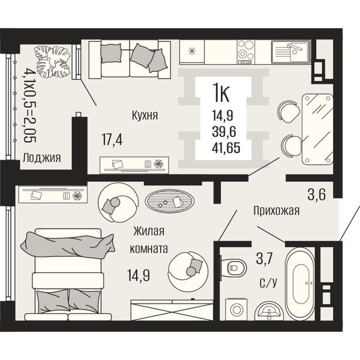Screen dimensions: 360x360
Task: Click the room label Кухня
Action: click(x=145, y=115)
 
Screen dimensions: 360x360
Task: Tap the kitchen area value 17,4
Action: click(x=112, y=140)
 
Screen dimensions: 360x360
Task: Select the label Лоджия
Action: click(x=42, y=158)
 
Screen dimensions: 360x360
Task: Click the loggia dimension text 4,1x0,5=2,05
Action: click(x=29, y=106)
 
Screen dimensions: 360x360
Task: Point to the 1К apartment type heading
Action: click(x=221, y=92)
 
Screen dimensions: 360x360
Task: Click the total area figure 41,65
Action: click(x=226, y=148)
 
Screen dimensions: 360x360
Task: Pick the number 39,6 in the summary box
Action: click(x=224, y=131)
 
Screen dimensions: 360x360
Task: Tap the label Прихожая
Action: click(x=277, y=211)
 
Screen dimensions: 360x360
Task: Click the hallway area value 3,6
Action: click(x=317, y=194)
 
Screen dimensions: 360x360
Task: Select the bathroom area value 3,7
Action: click(x=264, y=259)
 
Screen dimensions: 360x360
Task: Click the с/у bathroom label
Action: click(x=268, y=283)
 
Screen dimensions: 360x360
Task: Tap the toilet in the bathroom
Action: click(x=233, y=268)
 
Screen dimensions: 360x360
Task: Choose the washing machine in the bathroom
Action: click(x=236, y=309)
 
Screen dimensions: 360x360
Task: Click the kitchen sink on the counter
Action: click(x=291, y=52)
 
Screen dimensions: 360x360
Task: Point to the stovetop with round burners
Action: click(x=245, y=52)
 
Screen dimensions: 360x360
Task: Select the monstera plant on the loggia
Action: click(x=52, y=61)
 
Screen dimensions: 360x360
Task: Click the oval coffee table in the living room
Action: click(x=169, y=201)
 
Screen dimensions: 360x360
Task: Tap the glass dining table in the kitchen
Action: click(x=317, y=129)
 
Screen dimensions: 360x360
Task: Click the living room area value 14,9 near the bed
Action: click(x=139, y=275)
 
